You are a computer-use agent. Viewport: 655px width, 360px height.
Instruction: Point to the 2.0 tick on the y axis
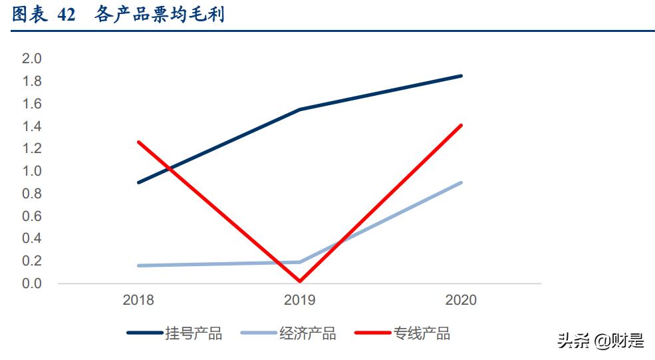(32, 59)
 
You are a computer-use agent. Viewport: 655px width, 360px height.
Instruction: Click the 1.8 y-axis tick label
(32, 81)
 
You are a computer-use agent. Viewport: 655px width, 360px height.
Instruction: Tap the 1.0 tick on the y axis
(32, 171)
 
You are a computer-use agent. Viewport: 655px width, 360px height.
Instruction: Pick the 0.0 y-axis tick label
(32, 283)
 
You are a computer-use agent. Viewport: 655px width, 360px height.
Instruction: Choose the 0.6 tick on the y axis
(32, 216)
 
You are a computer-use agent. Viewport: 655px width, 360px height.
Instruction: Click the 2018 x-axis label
(138, 300)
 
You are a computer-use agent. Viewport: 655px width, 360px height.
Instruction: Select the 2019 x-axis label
(300, 300)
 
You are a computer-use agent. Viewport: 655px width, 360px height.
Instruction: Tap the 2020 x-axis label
(461, 300)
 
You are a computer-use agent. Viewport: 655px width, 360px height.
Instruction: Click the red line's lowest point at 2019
(300, 281)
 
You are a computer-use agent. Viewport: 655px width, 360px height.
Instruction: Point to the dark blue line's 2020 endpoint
(461, 76)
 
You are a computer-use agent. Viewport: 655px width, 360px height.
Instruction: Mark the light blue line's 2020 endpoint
(461, 182)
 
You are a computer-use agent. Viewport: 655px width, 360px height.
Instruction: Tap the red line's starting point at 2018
(138, 142)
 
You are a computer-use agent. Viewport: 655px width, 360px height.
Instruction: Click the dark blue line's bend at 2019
(300, 109)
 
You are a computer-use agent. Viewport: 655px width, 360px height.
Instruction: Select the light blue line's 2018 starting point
(138, 266)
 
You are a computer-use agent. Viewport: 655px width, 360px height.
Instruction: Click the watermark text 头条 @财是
(600, 341)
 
